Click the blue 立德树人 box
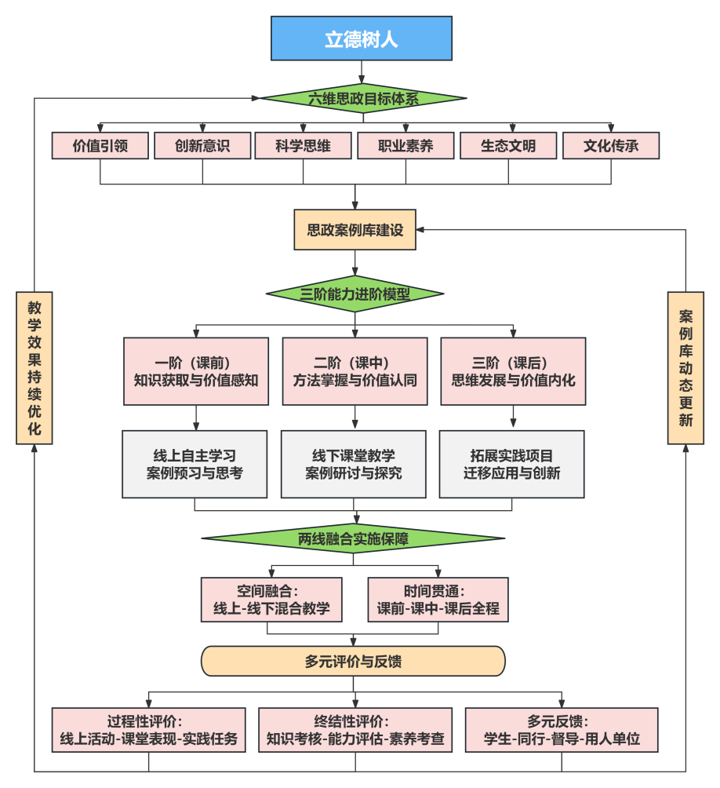pos(362,38)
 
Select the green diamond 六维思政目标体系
pos(363,98)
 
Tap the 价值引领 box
pos(100,146)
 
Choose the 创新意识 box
pos(202,146)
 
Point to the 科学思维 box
pos(304,146)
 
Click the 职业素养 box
pos(405,146)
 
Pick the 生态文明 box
pos(508,146)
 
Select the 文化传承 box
pos(611,146)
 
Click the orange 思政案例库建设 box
pos(355,230)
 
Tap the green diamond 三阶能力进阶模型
pos(355,294)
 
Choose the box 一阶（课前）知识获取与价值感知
pos(196,371)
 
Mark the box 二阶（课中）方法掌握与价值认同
pos(355,371)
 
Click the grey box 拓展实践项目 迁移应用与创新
pos(511,464)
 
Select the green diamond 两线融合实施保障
pos(354,538)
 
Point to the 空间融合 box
pos(271,600)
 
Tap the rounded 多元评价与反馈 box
pos(354,661)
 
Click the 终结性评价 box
pos(355,730)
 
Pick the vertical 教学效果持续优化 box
pos(35,368)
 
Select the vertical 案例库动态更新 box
pos(685,368)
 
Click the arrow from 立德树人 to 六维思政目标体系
pos(362,72)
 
